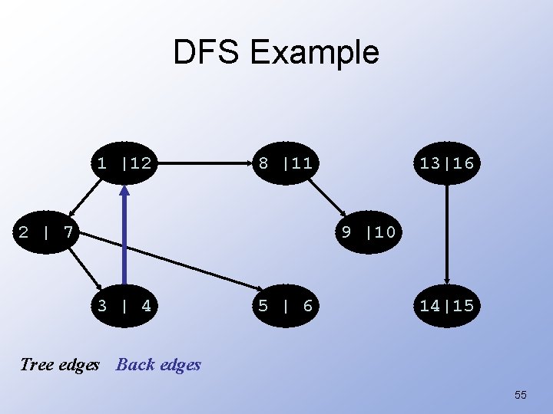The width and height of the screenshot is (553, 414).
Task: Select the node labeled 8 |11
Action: (x=285, y=163)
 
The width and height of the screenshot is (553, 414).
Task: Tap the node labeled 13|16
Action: (x=447, y=163)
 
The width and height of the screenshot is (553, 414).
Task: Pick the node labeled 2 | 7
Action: (x=45, y=231)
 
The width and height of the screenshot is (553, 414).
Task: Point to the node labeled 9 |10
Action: (x=369, y=231)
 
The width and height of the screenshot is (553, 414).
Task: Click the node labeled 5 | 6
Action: (x=285, y=306)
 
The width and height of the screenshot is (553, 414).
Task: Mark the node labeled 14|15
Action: (x=447, y=306)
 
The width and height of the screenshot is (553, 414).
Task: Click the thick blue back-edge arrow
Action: (x=124, y=238)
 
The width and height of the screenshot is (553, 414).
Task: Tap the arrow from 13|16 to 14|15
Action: (x=447, y=234)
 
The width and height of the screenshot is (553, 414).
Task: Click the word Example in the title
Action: (x=315, y=53)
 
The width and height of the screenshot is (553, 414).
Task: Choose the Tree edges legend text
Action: (x=60, y=365)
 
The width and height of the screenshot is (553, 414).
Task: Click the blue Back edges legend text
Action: (x=158, y=365)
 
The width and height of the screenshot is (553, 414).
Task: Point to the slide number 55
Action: (x=520, y=395)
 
